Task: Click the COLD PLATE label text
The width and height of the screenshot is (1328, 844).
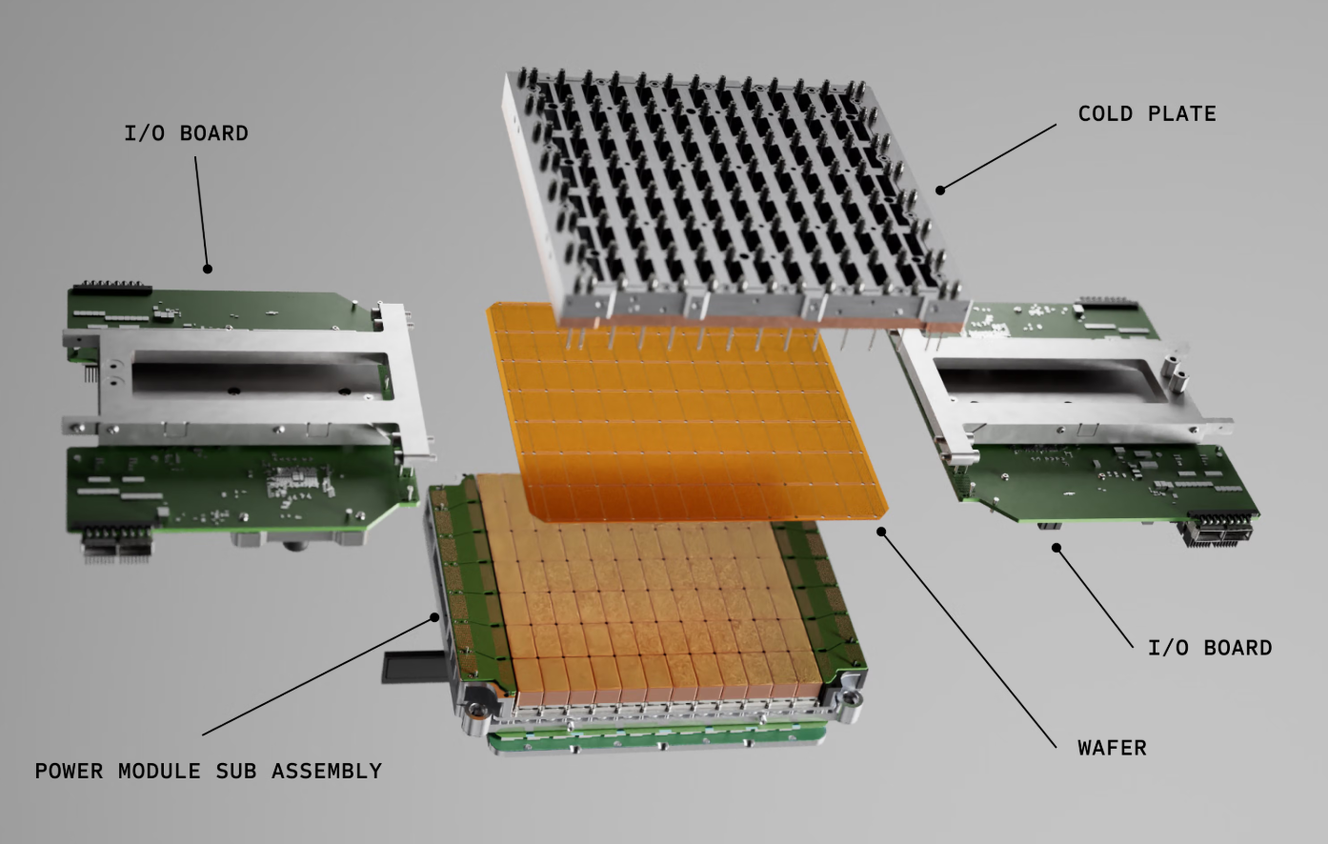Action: pyautogui.click(x=1147, y=113)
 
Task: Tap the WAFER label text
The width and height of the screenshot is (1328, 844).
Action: pyautogui.click(x=1112, y=748)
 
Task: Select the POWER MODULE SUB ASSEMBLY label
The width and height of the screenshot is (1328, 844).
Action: pyautogui.click(x=209, y=771)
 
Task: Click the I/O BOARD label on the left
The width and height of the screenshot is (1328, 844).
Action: pyautogui.click(x=186, y=133)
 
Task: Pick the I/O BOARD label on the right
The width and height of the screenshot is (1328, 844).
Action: pyautogui.click(x=1210, y=648)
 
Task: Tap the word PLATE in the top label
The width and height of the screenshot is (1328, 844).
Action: pyautogui.click(x=1181, y=113)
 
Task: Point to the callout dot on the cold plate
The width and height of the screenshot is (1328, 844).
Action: pyautogui.click(x=940, y=190)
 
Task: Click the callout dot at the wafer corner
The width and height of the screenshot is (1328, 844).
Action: pyautogui.click(x=881, y=532)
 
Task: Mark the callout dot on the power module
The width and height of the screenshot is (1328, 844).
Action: pyautogui.click(x=434, y=617)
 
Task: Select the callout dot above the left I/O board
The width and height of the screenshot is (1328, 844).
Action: pyautogui.click(x=208, y=269)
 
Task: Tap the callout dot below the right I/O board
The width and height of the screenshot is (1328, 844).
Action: pyautogui.click(x=1056, y=548)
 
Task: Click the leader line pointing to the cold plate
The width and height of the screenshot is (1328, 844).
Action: pyautogui.click(x=998, y=157)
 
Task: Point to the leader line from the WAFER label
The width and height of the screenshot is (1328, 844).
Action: pyautogui.click(x=969, y=639)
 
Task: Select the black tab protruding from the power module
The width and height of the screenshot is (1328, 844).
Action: pyautogui.click(x=413, y=668)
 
